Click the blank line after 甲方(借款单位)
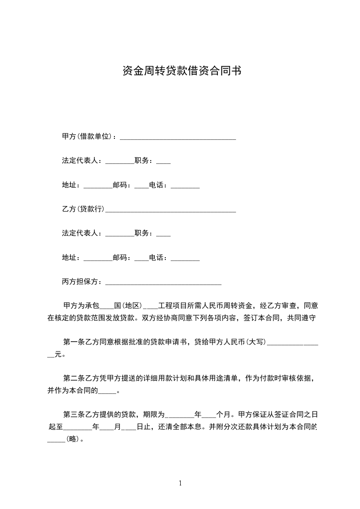point(178,137)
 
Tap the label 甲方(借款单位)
point(89,136)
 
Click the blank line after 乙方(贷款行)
point(170,210)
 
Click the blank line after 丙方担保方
point(163,283)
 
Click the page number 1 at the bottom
point(180,483)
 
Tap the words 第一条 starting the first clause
point(73,342)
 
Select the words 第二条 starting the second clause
point(73,378)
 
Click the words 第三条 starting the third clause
point(73,414)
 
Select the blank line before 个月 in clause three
point(208,415)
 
